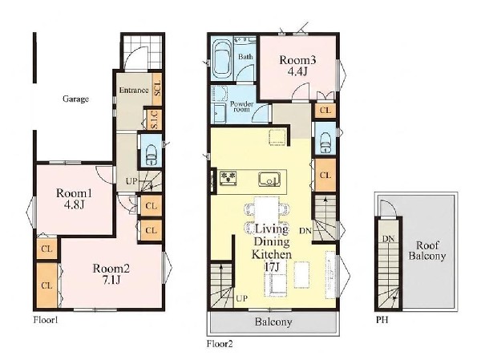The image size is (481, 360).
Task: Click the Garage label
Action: pos(76,99)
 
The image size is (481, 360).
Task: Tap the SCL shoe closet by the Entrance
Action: pos(157,88)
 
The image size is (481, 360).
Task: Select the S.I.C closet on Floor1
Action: pos(155,119)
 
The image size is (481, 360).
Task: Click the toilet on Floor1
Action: pos(151,154)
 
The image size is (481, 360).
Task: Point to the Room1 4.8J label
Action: pos(74,199)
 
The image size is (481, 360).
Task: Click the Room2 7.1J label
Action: pos(111,274)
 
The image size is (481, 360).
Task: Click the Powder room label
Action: pos(242,106)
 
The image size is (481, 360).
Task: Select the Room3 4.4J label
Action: pos(297,66)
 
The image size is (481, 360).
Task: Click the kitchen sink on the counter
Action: pos(269,180)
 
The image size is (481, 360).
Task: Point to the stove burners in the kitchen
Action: pos(228,178)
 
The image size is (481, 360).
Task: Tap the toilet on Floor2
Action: pos(325,142)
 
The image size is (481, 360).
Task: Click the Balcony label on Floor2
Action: pos(273,322)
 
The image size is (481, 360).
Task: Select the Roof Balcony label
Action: pos(427,251)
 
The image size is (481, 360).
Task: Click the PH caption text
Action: pos(382,320)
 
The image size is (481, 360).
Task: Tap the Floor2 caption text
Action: pos(220,344)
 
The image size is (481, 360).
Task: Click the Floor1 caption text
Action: pos(46,320)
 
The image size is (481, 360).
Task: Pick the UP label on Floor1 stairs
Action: pos(131,181)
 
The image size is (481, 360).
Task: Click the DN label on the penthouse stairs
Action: pos(388,238)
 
